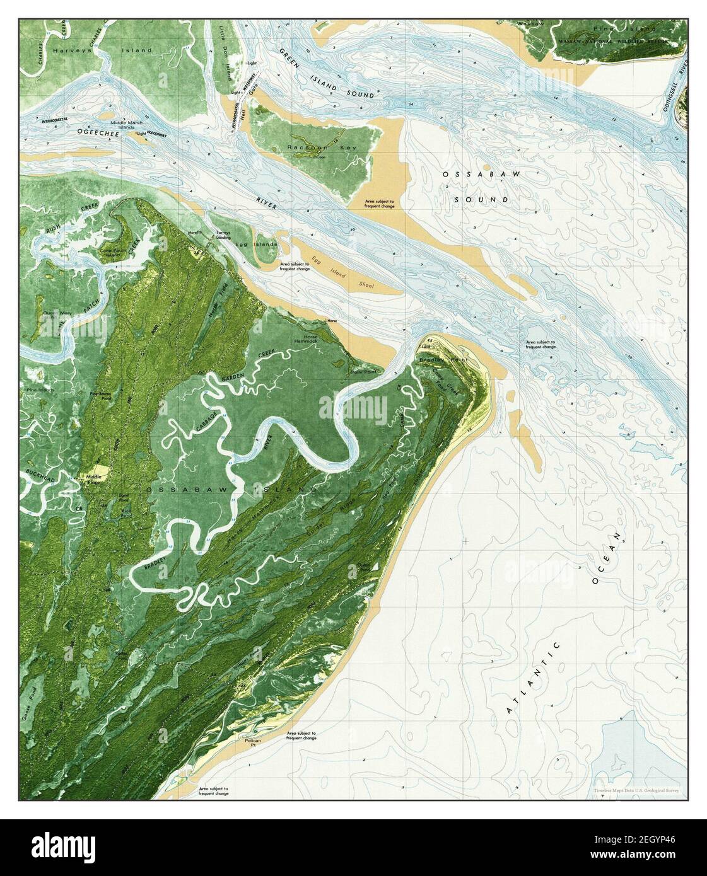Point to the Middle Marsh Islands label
coord(116,125)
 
